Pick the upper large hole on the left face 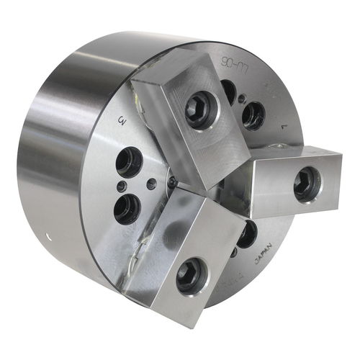pyautogui.click(x=129, y=163)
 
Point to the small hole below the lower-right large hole pyautogui.click(x=234, y=252)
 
